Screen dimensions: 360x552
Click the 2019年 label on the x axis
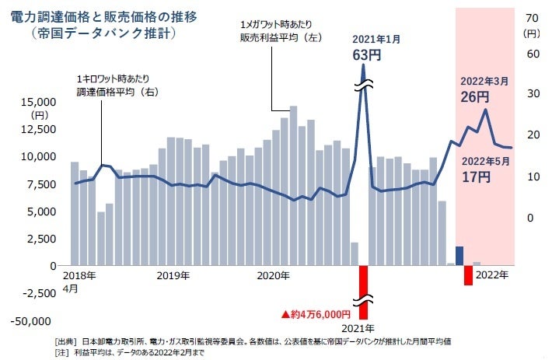173,276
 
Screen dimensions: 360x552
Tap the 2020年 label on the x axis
273,276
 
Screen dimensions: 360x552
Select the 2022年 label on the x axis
492,275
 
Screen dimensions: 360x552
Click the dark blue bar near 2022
459,256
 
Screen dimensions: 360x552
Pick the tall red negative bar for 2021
363,285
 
